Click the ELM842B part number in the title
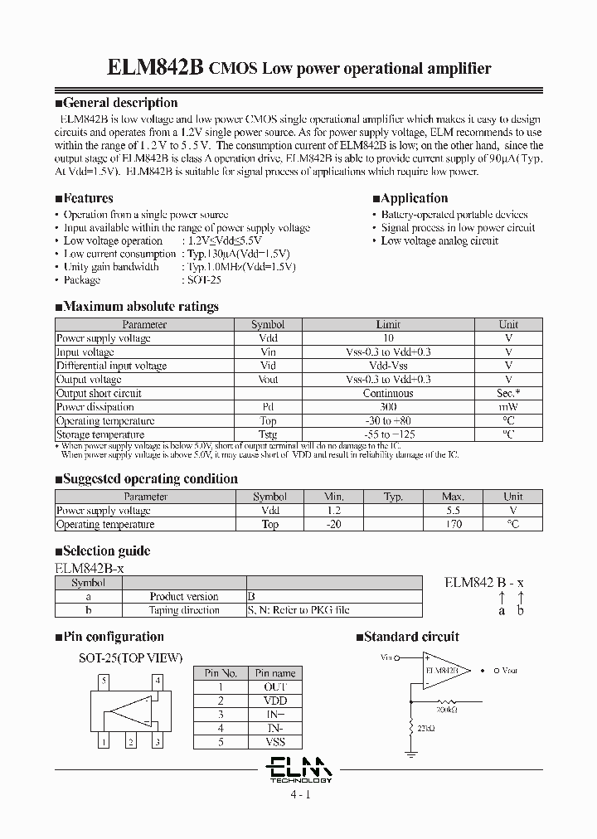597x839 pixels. point(156,69)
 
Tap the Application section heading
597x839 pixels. point(414,198)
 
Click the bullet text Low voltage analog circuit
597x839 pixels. point(439,240)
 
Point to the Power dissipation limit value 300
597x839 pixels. point(387,407)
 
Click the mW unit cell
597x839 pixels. point(507,407)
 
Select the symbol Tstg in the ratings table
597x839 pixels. point(267,434)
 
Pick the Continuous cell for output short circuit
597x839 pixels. point(387,394)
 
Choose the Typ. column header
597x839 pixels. point(392,497)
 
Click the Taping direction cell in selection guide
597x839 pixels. point(184,610)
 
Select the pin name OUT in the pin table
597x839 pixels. point(274,687)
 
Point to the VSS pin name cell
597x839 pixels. point(274,742)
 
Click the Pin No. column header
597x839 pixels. point(221,673)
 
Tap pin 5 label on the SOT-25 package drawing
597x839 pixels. point(103,681)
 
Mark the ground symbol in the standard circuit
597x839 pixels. point(410,755)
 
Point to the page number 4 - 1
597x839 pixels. point(299,794)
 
